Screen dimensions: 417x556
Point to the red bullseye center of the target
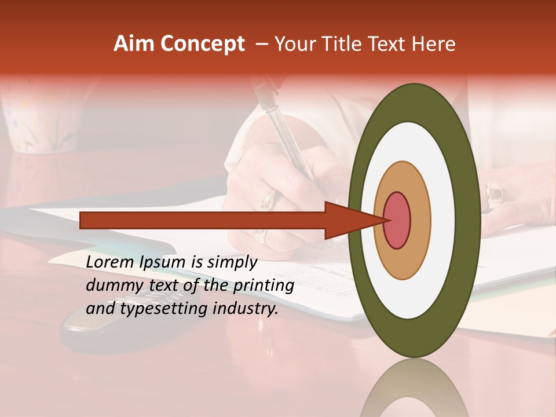coord(397,220)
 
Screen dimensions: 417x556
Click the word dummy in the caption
coord(109,286)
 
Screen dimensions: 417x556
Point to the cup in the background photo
coord(41,122)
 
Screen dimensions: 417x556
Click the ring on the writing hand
coord(268,200)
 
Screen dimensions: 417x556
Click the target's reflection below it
coord(414,388)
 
